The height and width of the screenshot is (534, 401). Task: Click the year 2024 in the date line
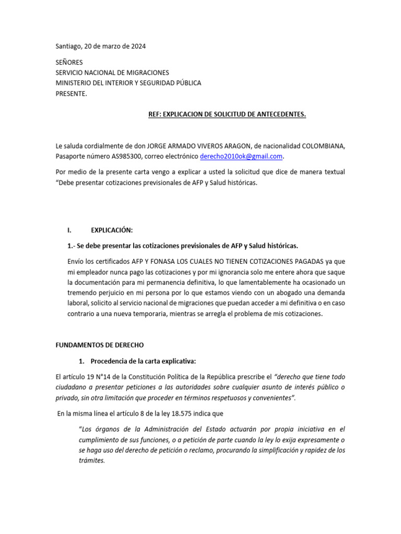click(x=137, y=46)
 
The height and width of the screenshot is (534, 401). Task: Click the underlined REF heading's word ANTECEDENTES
click(x=280, y=114)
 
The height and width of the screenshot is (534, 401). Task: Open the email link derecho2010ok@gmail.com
click(x=241, y=156)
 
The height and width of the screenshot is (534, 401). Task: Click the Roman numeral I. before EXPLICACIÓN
click(x=69, y=229)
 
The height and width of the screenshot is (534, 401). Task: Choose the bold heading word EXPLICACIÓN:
click(x=112, y=229)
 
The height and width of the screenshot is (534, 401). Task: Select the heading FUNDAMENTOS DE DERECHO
click(x=99, y=345)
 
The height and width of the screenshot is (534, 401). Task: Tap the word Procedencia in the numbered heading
click(x=111, y=361)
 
